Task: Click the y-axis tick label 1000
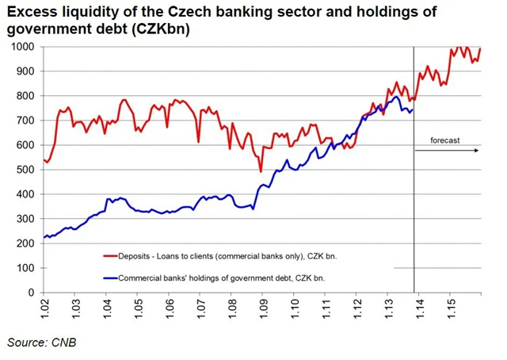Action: point(22,47)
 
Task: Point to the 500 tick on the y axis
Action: point(25,170)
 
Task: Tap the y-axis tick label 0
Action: point(31,293)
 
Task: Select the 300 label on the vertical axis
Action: point(25,219)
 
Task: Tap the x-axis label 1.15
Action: point(450,307)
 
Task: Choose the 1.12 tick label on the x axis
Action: point(356,307)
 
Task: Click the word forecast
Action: point(445,140)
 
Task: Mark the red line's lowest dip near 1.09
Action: point(261,170)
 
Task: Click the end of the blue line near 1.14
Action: point(412,109)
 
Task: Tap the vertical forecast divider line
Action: point(414,198)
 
